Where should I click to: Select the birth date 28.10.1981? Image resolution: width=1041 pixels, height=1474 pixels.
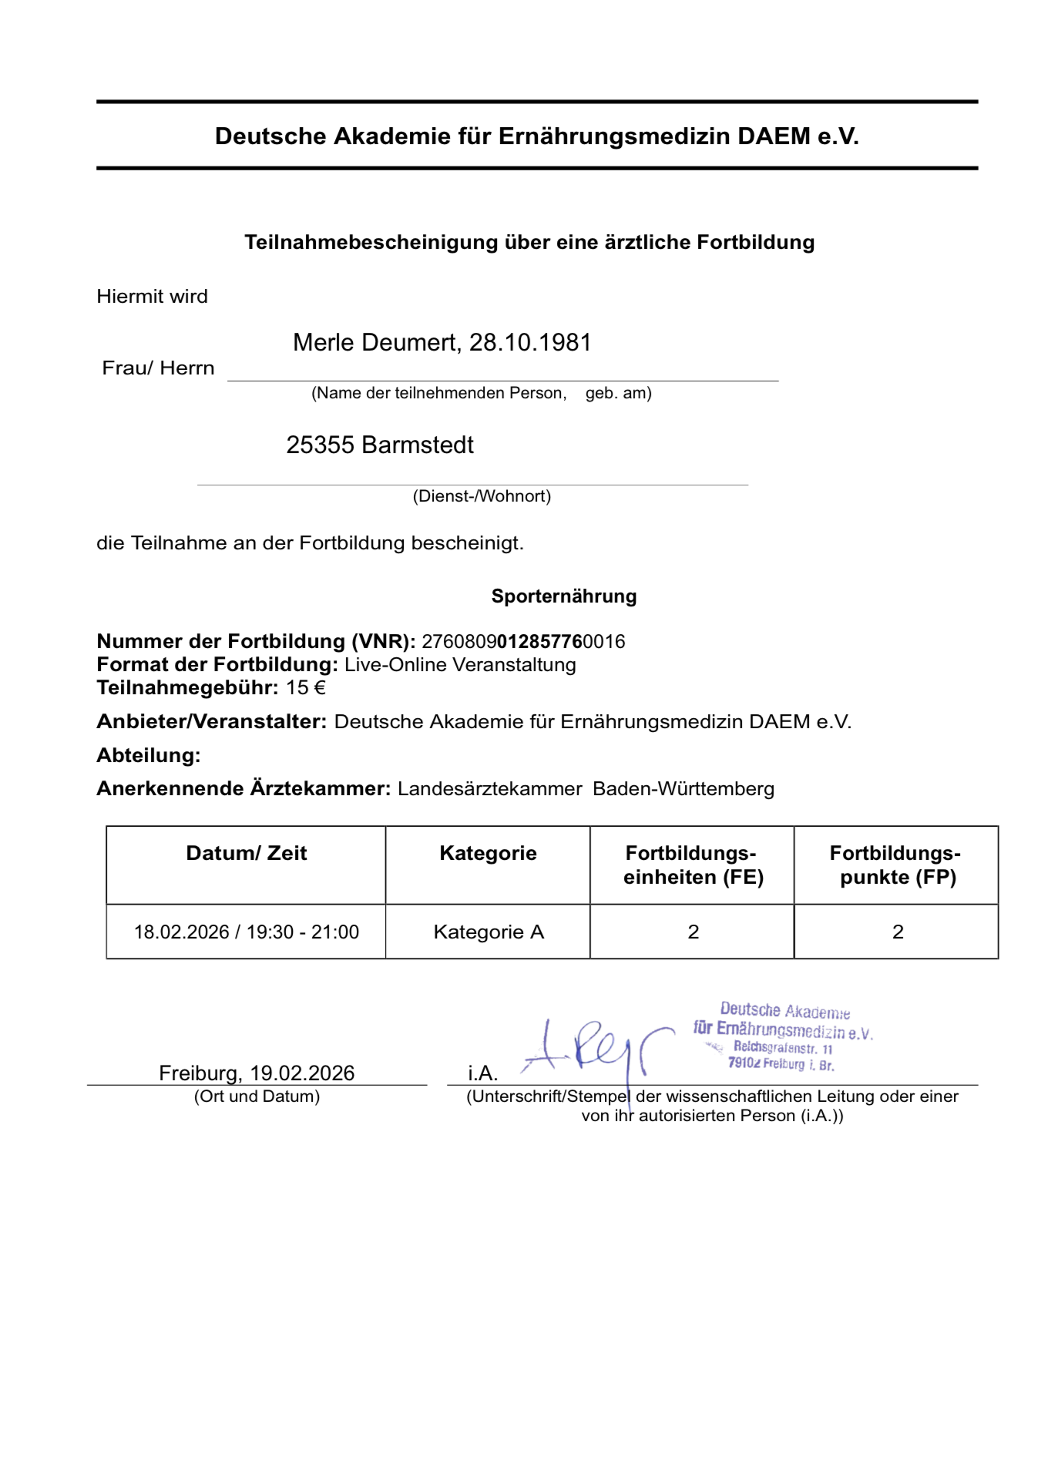click(530, 343)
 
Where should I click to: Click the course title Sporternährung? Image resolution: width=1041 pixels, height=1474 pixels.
click(563, 596)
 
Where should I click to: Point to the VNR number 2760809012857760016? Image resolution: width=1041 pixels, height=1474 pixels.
click(523, 642)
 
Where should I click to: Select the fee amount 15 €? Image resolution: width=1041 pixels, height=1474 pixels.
click(306, 688)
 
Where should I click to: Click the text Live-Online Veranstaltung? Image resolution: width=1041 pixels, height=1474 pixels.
click(460, 665)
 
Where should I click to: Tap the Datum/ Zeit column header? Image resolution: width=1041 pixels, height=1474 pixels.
click(247, 853)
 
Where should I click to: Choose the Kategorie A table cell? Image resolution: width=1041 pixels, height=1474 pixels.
click(489, 932)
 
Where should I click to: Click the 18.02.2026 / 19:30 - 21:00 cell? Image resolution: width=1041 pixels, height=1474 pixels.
click(247, 932)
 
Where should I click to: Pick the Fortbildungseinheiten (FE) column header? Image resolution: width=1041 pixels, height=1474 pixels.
click(692, 865)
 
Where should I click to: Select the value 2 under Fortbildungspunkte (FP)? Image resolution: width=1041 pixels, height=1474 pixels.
click(897, 932)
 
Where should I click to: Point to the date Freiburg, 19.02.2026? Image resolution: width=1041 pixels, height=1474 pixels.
click(257, 1073)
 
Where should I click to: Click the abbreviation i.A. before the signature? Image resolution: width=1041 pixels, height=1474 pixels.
click(482, 1073)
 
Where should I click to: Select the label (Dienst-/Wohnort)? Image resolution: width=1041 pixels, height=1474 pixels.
click(482, 496)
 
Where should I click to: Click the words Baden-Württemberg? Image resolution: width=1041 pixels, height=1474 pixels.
click(683, 789)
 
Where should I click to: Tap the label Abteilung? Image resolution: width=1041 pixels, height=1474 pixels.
click(149, 756)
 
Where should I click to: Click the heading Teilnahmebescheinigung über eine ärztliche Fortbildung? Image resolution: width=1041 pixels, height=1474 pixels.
click(529, 243)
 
